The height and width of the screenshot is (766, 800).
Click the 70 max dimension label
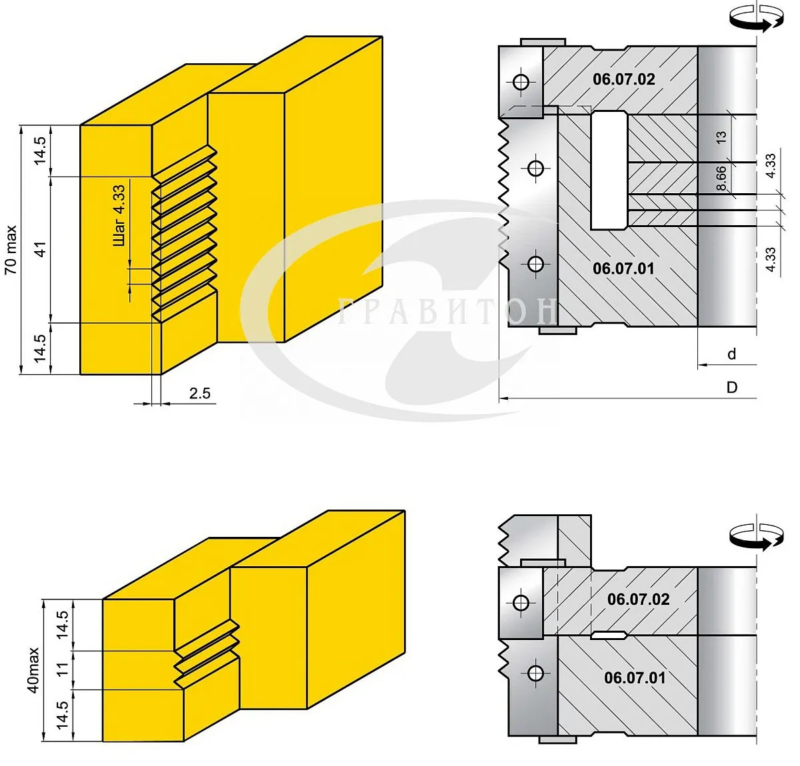11,250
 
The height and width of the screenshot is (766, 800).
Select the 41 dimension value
41,250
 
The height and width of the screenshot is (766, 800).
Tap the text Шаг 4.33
119,215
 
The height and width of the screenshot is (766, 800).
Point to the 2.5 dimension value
199,393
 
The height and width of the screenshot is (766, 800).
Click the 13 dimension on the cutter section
721,138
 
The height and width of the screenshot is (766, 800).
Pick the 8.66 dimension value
721,179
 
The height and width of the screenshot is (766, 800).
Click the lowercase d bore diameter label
731,354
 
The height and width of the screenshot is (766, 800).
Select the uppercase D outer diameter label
731,388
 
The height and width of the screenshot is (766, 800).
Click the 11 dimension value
63,669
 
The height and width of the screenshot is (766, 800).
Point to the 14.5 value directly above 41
41,151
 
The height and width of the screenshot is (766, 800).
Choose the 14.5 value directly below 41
41,348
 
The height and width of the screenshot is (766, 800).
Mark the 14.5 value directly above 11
63,625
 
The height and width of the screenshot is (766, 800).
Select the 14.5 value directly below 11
63,715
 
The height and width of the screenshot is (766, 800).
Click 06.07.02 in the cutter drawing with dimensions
623,79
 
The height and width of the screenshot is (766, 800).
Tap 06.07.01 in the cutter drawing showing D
623,268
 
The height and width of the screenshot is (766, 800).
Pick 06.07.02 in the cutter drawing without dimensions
638,599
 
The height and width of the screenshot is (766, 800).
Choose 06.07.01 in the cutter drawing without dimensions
635,677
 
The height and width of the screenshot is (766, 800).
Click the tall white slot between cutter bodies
609,171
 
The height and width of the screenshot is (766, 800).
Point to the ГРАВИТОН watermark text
447,311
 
